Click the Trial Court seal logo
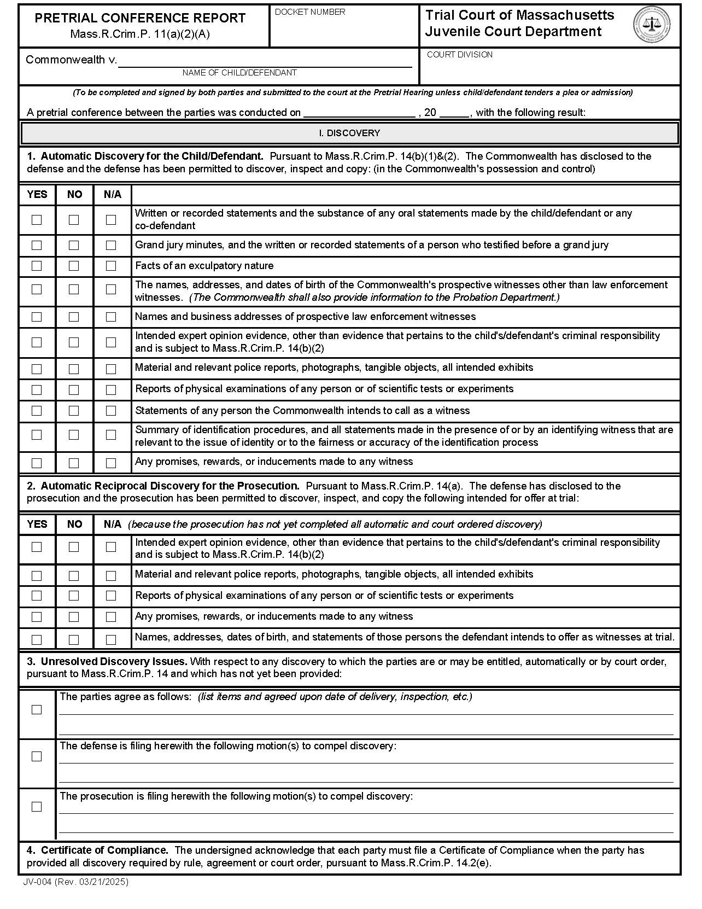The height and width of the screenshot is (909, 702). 652,25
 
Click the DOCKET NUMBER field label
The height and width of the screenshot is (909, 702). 310,12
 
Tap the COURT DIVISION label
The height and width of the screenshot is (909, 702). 459,55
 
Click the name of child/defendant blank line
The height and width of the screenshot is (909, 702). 265,62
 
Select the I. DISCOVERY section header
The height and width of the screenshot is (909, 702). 349,133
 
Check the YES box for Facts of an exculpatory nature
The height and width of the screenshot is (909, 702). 37,266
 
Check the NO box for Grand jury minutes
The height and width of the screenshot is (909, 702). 74,246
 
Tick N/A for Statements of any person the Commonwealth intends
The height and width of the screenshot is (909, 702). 111,411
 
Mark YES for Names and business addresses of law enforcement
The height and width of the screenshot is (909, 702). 37,317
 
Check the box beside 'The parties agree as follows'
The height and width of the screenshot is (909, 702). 37,709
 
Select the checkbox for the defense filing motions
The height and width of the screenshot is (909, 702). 37,756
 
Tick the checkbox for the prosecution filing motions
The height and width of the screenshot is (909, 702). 37,807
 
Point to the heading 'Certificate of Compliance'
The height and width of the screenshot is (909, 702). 104,850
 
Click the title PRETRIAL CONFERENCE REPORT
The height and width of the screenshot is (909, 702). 140,18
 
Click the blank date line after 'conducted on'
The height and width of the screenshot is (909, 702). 359,113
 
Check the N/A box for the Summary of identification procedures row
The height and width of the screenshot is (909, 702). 111,435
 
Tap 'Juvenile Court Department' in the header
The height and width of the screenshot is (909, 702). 513,32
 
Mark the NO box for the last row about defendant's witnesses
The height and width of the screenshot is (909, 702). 74,639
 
